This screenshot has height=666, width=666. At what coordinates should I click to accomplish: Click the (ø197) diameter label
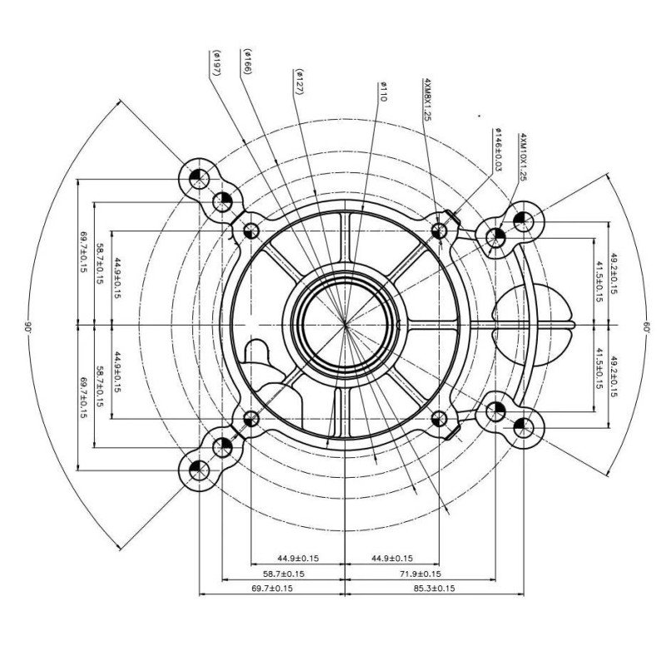point(216,63)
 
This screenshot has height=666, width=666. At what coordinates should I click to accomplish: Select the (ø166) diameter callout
point(247,62)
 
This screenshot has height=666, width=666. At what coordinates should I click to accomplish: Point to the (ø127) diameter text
point(300,82)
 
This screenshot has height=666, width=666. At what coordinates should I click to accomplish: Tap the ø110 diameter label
point(383,92)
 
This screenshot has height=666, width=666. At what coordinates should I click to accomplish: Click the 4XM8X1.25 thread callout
point(427,100)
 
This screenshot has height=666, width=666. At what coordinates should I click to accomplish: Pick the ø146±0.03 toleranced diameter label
point(498,150)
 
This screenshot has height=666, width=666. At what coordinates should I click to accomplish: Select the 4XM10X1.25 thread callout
point(523,157)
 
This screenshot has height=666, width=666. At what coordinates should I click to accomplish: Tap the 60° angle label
point(646,326)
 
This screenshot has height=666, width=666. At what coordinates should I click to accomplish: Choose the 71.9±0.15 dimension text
point(420,574)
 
